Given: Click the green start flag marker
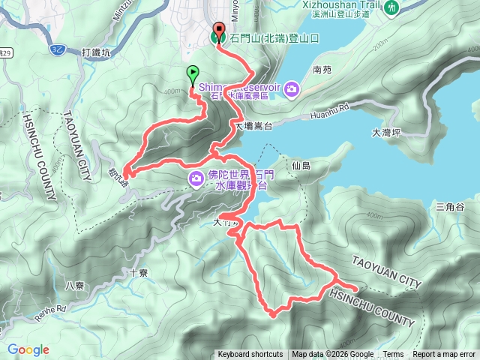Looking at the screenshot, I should pyautogui.click(x=192, y=73).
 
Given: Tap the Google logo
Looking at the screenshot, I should pyautogui.click(x=28, y=349).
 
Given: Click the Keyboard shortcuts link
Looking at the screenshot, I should pyautogui.click(x=250, y=355).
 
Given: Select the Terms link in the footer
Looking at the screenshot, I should pyautogui.click(x=393, y=355).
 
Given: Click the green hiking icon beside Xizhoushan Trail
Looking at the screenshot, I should pyautogui.click(x=392, y=7).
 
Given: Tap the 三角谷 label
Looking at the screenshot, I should pyautogui.click(x=450, y=206).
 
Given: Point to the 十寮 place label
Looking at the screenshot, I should pyautogui.click(x=138, y=274).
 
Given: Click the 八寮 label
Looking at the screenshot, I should pyautogui.click(x=74, y=285).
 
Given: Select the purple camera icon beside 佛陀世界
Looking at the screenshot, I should pyautogui.click(x=196, y=178).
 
